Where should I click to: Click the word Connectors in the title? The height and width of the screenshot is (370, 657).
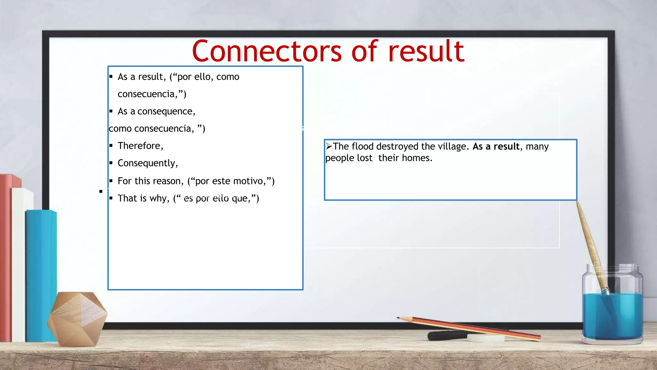click(x=267, y=51)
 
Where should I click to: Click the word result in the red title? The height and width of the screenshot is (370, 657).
click(x=426, y=51)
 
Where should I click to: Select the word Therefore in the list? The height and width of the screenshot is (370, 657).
click(x=140, y=146)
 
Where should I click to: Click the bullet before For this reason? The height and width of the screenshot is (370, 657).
click(x=111, y=181)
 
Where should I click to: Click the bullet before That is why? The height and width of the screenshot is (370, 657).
click(x=111, y=198)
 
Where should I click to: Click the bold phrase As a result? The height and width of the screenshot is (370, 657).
click(x=496, y=146)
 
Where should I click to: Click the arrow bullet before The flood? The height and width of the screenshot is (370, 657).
click(x=329, y=146)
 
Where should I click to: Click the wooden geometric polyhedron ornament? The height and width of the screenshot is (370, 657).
click(x=77, y=318)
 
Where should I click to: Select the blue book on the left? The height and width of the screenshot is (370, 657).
click(x=41, y=273)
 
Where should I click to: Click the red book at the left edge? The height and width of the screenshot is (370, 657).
click(x=6, y=257)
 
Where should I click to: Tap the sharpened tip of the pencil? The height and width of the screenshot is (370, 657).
click(x=398, y=318)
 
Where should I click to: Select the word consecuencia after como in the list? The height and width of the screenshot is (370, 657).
click(x=163, y=129)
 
